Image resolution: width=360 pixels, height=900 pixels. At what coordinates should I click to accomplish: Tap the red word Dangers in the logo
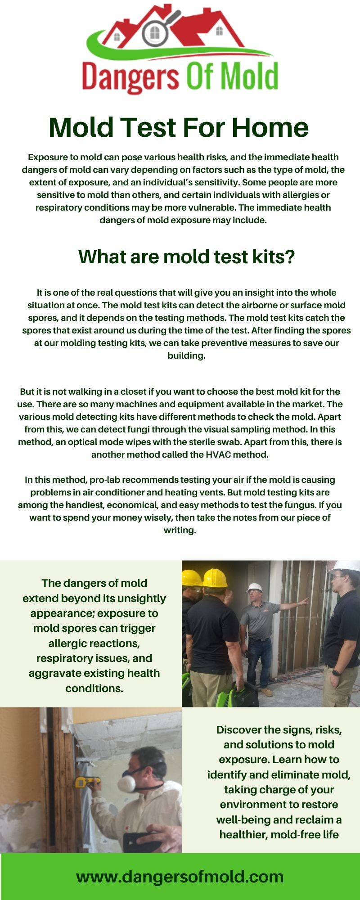[x=130, y=77]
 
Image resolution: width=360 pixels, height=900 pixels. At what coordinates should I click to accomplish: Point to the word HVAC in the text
[x=218, y=454]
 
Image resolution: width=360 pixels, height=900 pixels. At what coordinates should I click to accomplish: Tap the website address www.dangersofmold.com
[x=180, y=877]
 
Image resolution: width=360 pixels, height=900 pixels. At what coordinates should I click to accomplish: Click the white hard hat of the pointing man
[x=254, y=588]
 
